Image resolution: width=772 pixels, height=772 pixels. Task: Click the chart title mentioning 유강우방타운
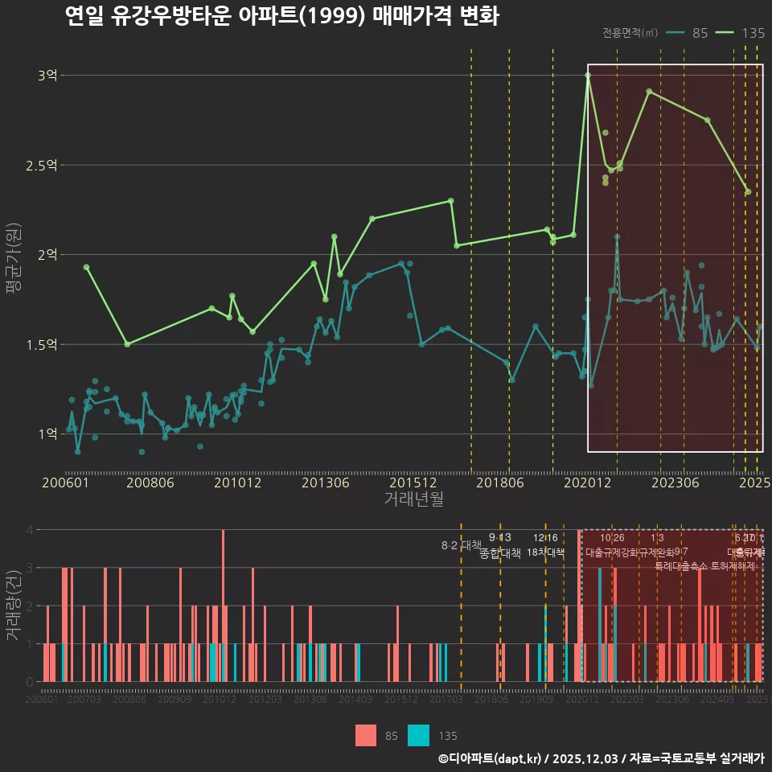click(x=281, y=16)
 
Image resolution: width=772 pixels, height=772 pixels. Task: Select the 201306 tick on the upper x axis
click(x=325, y=482)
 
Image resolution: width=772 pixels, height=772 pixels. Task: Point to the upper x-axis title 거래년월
click(x=413, y=499)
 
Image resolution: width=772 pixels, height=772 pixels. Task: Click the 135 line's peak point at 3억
click(x=588, y=76)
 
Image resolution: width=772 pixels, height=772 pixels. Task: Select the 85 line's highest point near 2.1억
click(x=617, y=237)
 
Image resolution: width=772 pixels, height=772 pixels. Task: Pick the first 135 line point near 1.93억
click(x=86, y=267)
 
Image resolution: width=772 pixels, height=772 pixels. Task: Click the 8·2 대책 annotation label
click(x=461, y=545)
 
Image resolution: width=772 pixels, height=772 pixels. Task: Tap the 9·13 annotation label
click(x=499, y=538)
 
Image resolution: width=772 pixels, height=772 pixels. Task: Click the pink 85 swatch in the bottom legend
click(x=366, y=735)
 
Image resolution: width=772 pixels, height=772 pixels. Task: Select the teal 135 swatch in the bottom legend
click(x=419, y=735)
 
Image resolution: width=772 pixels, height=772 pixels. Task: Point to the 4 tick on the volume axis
click(x=30, y=530)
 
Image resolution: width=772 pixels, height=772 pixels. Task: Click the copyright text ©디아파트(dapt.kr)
click(x=491, y=758)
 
